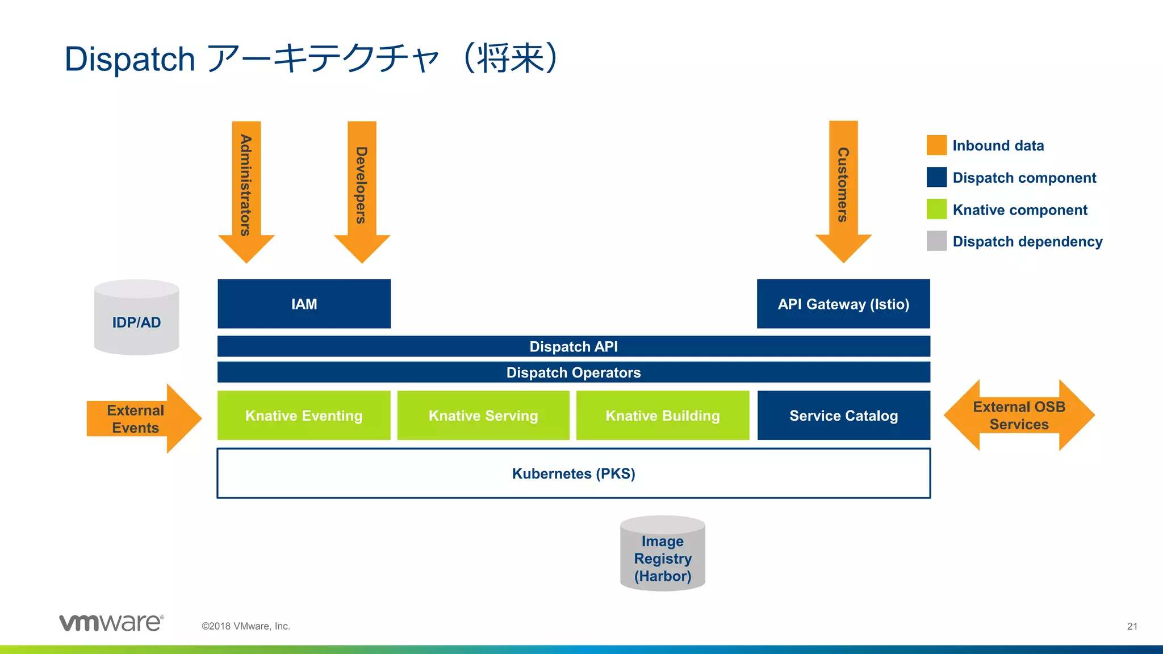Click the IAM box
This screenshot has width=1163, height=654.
(304, 304)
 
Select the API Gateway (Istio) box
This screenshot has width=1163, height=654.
(843, 304)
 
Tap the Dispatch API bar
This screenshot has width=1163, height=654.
(574, 346)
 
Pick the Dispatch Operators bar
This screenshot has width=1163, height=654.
(574, 372)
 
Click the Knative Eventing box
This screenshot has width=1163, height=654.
(304, 416)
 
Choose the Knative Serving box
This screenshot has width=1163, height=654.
(483, 416)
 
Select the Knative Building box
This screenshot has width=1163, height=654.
(663, 416)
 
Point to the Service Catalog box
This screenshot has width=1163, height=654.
(843, 416)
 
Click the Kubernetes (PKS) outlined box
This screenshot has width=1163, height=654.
(574, 473)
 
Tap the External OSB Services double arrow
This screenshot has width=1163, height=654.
(1019, 416)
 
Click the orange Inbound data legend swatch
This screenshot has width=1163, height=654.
(936, 145)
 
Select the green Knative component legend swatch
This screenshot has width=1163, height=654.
(936, 209)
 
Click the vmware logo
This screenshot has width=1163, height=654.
(111, 623)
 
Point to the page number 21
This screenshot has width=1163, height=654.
(1132, 626)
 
